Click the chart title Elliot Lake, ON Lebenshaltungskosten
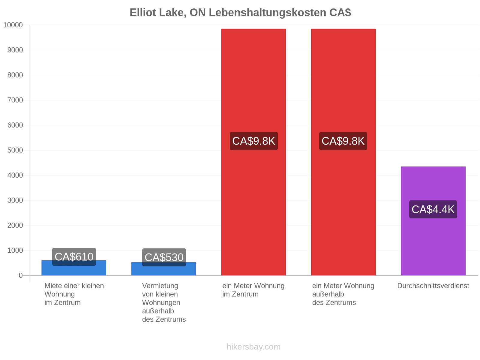tap(240, 13)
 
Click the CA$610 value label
tap(74, 256)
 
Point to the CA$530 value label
tap(164, 257)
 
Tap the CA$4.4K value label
tap(433, 209)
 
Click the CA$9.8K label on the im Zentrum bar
tap(254, 141)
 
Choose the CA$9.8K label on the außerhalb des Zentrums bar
tap(343, 141)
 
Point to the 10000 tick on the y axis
tap(13, 25)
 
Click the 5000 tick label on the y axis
tap(15, 150)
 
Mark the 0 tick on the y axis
tap(21, 275)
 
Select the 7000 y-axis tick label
tap(15, 100)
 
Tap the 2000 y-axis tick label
tap(15, 225)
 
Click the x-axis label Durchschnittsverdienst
tap(433, 286)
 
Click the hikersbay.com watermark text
tap(253, 347)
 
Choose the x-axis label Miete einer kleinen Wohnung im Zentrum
tap(74, 294)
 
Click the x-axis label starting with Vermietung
tap(164, 302)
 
